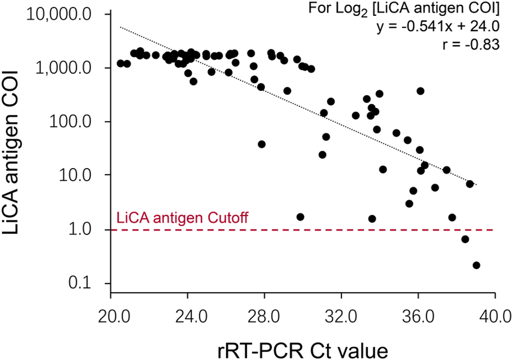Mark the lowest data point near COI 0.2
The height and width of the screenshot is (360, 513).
(476, 265)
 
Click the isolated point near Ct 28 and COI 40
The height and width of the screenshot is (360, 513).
(262, 144)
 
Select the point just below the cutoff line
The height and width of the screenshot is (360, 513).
(465, 239)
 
